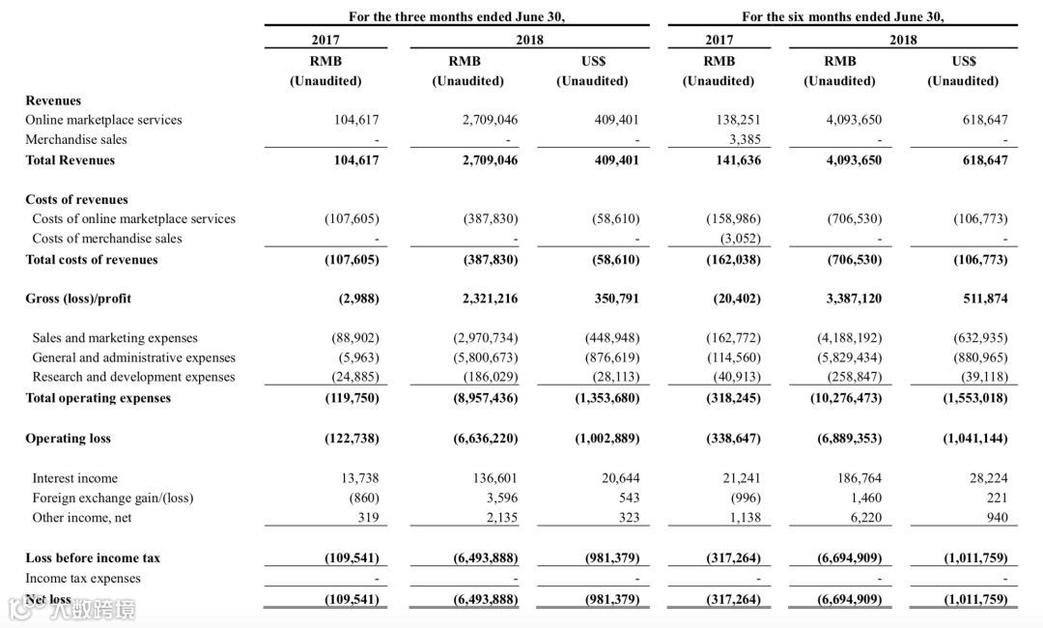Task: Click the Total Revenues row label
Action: [x=70, y=160]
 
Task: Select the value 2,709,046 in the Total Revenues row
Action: [x=490, y=160]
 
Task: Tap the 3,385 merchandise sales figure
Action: [x=743, y=139]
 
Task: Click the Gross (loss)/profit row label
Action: [x=78, y=299]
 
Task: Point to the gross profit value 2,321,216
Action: [x=490, y=299]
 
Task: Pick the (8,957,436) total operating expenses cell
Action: [x=486, y=398]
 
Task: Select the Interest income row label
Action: [x=74, y=478]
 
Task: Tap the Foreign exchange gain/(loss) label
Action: [x=112, y=498]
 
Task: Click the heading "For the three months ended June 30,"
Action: [x=457, y=16]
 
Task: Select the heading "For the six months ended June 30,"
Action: [x=842, y=16]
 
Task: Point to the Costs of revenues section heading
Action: [x=76, y=200]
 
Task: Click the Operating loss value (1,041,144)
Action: [x=974, y=439]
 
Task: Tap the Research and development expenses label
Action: [x=133, y=377]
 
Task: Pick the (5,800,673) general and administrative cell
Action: [x=486, y=357]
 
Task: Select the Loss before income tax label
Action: [x=93, y=558]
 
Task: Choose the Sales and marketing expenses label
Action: [x=115, y=338]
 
